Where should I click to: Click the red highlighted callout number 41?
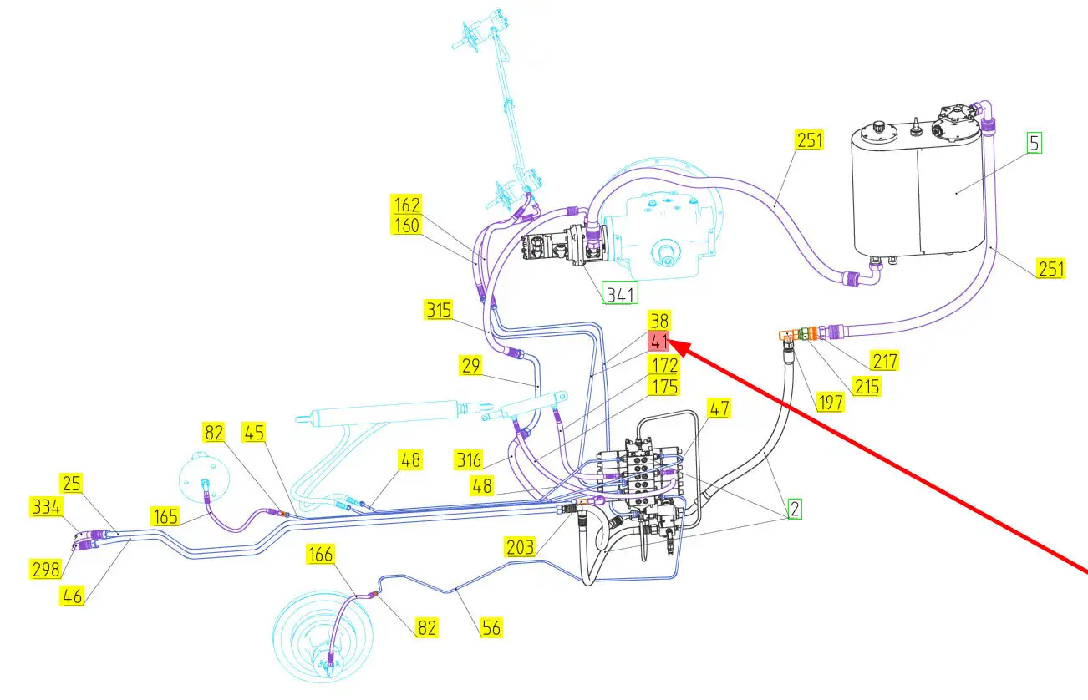658,342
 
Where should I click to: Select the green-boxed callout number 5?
1034,143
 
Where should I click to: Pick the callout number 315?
438,311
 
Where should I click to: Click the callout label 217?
883,362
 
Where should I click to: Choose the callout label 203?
520,547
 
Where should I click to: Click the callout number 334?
46,505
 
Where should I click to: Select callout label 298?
46,570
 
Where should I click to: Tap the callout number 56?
491,627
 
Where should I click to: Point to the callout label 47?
719,408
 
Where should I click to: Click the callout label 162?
406,205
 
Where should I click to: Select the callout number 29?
471,365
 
